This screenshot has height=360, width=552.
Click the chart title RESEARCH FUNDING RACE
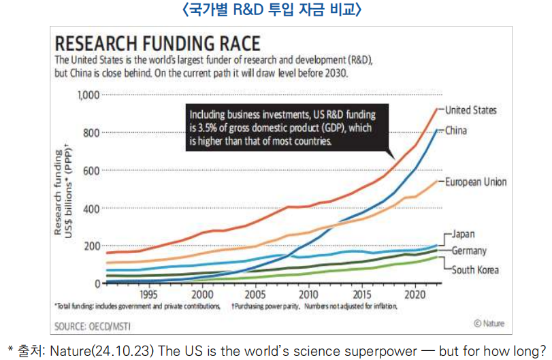(x=157, y=44)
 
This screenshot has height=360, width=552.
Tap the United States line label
(x=470, y=110)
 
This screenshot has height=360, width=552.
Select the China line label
(x=455, y=131)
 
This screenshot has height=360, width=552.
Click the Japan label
(x=464, y=234)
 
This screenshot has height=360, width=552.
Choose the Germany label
(x=469, y=250)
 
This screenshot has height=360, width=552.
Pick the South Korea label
(x=475, y=270)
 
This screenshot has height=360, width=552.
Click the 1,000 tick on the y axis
(x=88, y=95)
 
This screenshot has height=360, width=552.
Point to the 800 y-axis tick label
(x=91, y=132)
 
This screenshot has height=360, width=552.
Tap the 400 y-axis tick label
(x=91, y=208)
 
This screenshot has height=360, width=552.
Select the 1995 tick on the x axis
(x=149, y=295)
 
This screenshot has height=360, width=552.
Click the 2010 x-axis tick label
(x=308, y=295)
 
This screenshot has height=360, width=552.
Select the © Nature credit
(x=489, y=324)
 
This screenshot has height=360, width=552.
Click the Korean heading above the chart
(x=276, y=10)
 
